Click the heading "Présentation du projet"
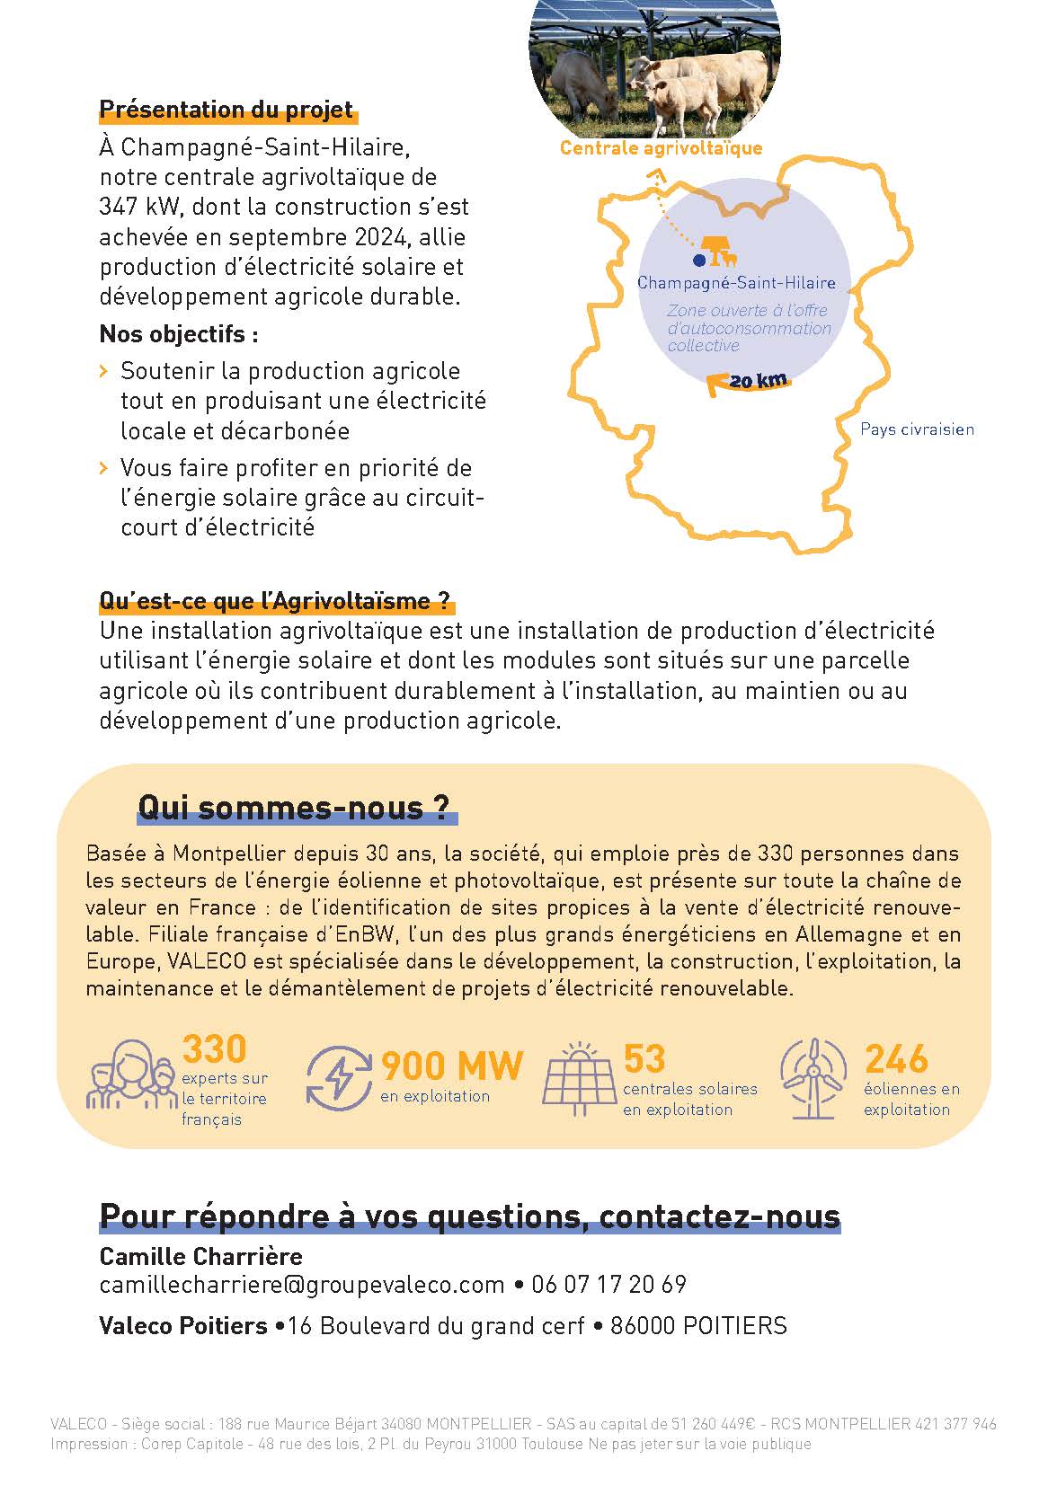pos(226,110)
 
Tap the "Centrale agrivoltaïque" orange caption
pos(661,148)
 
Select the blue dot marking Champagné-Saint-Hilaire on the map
pos(698,261)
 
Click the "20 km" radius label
pos(758,381)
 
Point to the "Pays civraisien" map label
pos(917,429)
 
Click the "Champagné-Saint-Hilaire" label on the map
pos(736,283)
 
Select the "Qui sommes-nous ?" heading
pos(293,807)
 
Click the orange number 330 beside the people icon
pos(214,1048)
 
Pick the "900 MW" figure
pos(451,1066)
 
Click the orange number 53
pos(644,1059)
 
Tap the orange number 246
pos(895,1059)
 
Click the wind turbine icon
pos(813,1078)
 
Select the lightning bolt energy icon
pos(339,1076)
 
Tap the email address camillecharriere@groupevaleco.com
pos(302,1285)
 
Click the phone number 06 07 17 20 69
pos(608,1285)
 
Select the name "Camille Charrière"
pos(200,1256)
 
